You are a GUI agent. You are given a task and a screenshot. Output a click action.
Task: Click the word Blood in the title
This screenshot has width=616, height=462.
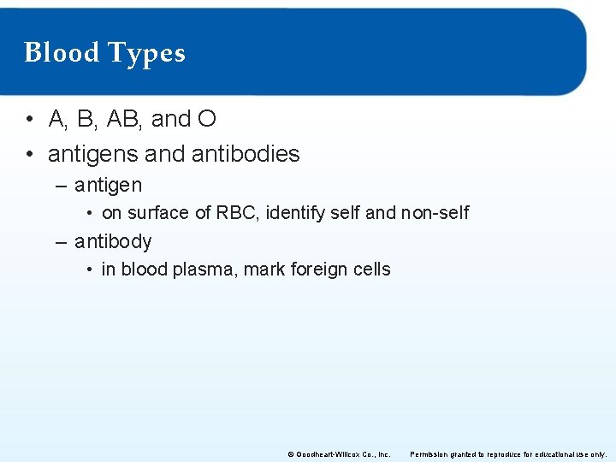61,53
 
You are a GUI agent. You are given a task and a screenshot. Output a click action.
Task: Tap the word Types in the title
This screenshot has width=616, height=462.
145,54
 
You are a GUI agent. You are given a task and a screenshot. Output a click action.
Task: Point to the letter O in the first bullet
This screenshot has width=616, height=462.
206,119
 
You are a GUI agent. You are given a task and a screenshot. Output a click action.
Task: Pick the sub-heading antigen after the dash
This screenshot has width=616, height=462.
108,186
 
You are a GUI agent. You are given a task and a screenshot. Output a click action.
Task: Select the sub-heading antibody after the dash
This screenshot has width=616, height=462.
113,241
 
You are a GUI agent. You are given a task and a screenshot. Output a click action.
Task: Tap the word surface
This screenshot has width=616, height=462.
158,213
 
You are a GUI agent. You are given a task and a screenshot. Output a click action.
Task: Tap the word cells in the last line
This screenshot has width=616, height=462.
371,269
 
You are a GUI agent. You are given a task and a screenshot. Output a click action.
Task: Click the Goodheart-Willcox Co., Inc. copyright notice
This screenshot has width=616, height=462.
339,453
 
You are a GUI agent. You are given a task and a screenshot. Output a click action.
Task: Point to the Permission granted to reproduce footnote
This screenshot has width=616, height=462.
509,453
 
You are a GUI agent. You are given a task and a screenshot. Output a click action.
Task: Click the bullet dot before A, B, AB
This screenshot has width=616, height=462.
30,120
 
